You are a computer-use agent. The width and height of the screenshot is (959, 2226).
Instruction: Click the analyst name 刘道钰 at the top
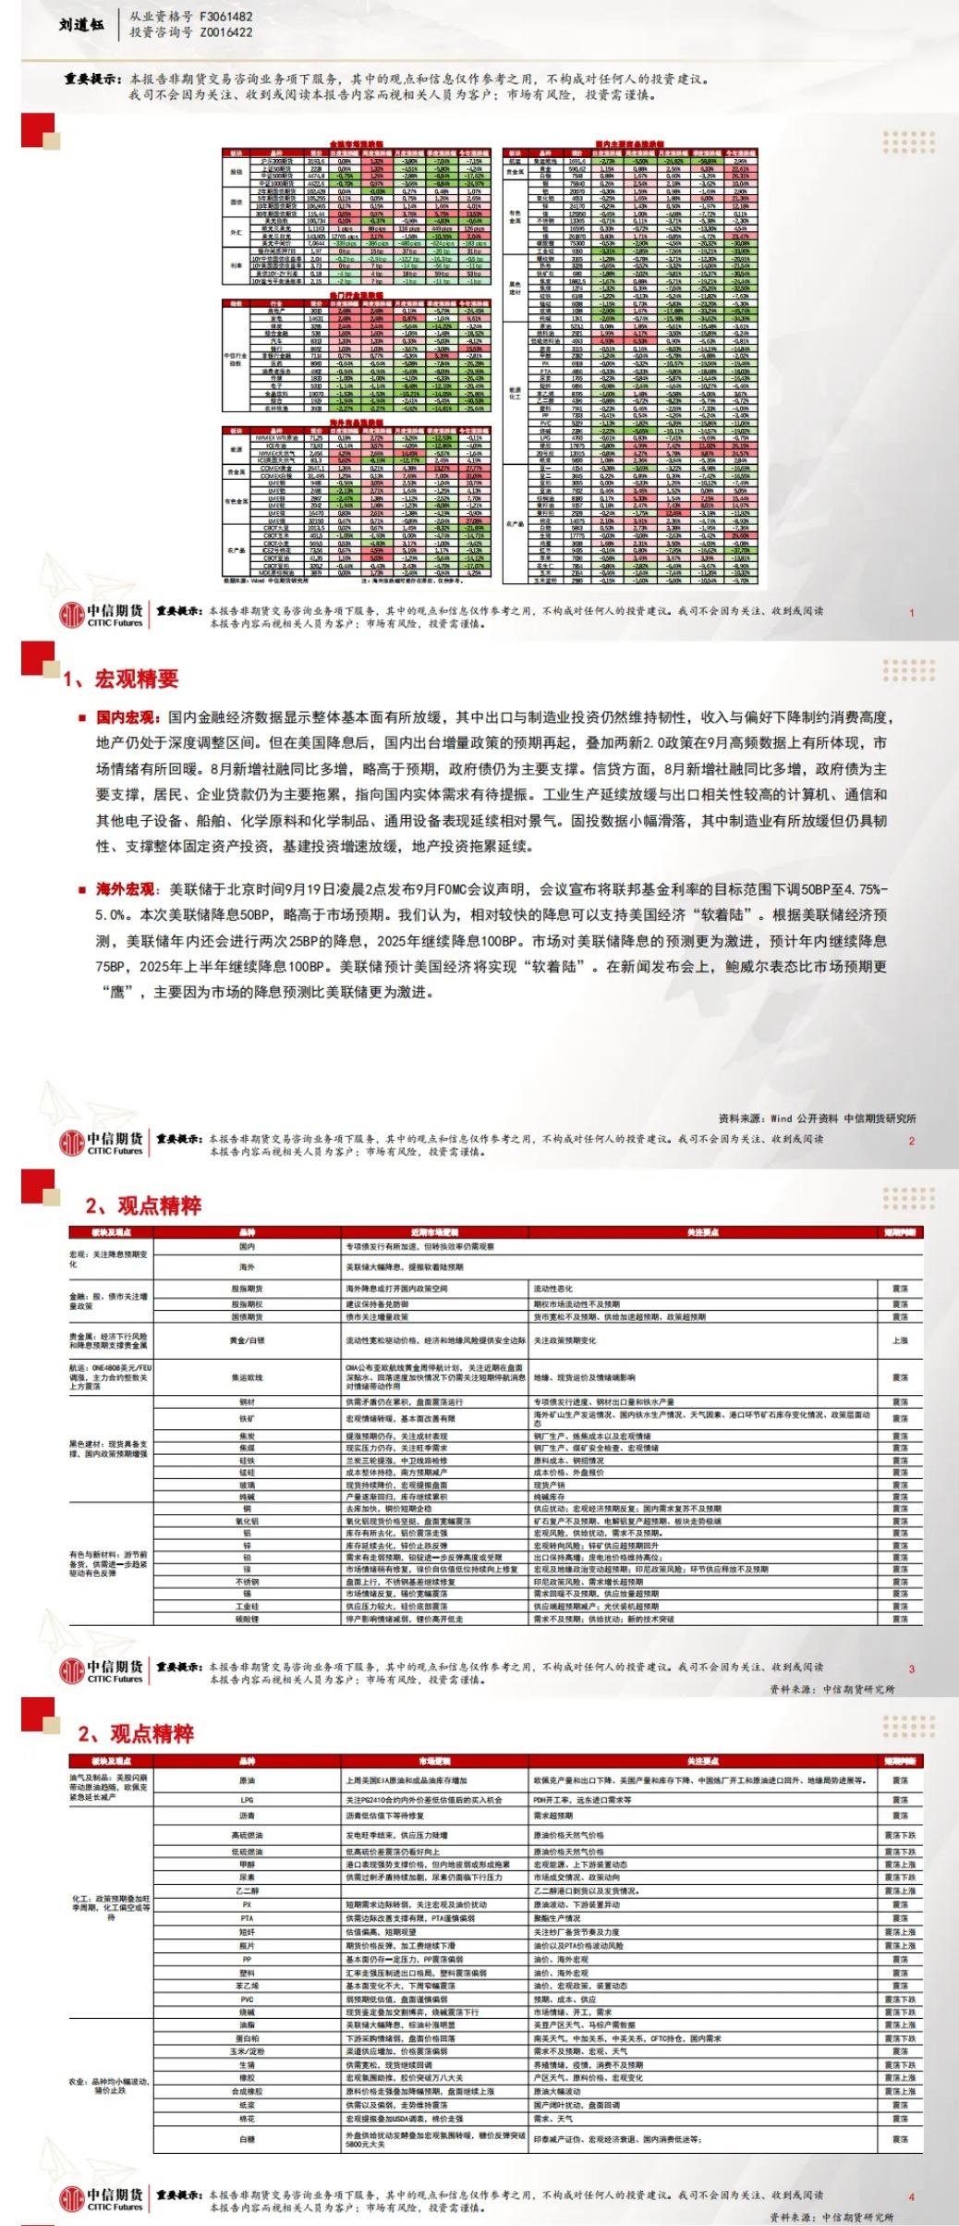[79, 25]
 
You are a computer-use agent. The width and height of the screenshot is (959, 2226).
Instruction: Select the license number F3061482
[226, 17]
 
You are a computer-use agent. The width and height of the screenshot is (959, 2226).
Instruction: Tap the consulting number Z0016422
[226, 32]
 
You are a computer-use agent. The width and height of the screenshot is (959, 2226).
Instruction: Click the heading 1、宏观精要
[121, 679]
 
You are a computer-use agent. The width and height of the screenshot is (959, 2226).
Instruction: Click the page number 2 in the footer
[911, 1141]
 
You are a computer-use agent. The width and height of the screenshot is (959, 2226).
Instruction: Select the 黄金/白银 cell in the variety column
[247, 1340]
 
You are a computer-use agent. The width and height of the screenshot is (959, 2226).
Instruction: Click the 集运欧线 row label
[247, 1377]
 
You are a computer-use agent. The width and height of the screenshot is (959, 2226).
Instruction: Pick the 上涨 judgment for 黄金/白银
[900, 1340]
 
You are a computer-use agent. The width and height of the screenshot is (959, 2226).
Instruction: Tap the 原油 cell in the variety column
[247, 1780]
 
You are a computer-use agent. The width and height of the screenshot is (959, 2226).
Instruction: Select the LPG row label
[247, 1801]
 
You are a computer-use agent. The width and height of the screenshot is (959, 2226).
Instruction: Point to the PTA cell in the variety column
[247, 1918]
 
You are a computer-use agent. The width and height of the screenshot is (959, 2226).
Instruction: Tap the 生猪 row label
[247, 2064]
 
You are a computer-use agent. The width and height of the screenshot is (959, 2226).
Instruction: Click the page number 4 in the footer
[911, 2197]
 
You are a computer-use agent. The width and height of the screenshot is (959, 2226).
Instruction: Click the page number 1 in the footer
[911, 612]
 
